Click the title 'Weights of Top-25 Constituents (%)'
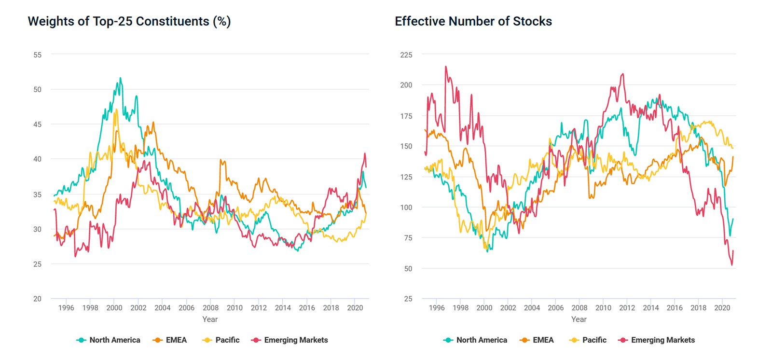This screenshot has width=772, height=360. tap(129, 21)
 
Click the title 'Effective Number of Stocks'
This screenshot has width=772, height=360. tap(473, 21)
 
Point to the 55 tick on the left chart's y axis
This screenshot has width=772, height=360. tap(38, 55)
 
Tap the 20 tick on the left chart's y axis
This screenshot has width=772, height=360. tap(38, 299)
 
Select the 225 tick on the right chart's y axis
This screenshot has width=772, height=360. tap(406, 55)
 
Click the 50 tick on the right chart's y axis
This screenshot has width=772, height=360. tap(408, 269)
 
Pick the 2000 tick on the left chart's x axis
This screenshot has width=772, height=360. tap(114, 308)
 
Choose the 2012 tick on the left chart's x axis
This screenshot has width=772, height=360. tap(259, 308)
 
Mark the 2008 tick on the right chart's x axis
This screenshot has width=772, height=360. tap(579, 308)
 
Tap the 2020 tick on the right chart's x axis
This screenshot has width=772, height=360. tap(722, 308)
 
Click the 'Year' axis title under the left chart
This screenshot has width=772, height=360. tap(210, 319)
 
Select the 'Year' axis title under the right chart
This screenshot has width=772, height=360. tap(579, 319)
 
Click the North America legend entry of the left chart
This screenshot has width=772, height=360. tap(108, 340)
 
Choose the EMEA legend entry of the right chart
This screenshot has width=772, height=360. tap(537, 340)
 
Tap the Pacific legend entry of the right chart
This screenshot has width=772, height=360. tap(588, 340)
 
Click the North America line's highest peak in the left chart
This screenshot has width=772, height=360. tap(120, 78)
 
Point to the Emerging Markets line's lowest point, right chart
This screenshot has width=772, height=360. tap(731, 265)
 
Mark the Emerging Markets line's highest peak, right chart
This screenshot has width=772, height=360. tap(446, 67)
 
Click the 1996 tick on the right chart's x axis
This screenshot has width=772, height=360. tap(437, 308)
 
